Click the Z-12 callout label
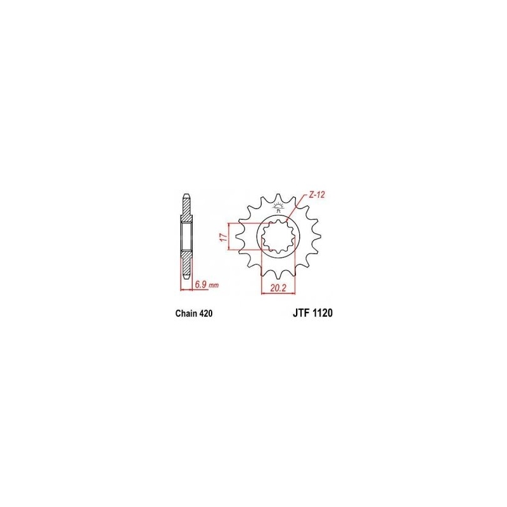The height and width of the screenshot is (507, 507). tap(316, 195)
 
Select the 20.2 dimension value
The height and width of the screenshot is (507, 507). tap(278, 288)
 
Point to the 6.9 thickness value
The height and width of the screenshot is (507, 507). tap(201, 285)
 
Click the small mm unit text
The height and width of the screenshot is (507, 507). tap(214, 286)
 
